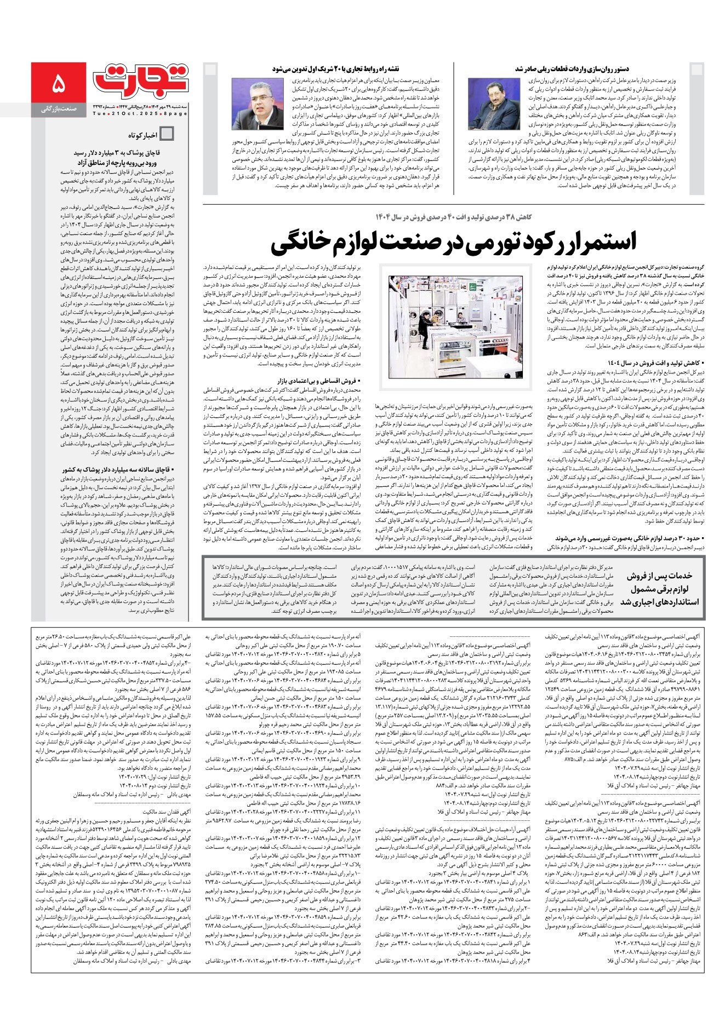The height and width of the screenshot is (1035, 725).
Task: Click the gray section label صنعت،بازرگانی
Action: pos(59,110)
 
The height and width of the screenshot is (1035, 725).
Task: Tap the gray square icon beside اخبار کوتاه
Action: pos(168,134)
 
